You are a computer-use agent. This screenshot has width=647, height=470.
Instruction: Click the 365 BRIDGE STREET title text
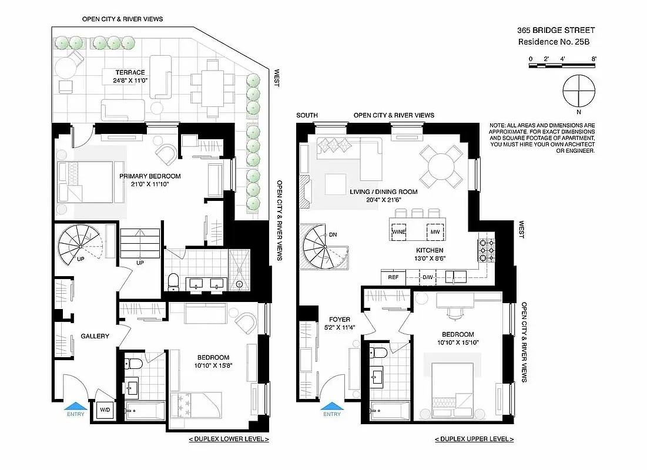coord(556,30)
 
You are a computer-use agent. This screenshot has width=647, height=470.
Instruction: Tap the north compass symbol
coord(579,91)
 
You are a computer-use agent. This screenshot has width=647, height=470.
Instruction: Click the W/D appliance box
coord(105,410)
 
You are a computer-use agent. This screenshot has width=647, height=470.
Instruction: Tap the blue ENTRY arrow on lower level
coord(76,405)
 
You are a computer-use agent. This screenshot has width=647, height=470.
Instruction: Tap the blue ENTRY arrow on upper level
coord(332,405)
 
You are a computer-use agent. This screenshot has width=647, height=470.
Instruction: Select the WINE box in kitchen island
coord(399,232)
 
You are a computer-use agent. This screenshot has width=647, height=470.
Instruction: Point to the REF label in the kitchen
coord(393,277)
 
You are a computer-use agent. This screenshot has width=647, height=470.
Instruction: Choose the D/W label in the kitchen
coord(428,277)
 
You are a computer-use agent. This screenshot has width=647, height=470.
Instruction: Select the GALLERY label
coord(95,336)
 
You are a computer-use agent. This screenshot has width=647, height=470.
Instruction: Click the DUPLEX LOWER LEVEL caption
coord(229,439)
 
